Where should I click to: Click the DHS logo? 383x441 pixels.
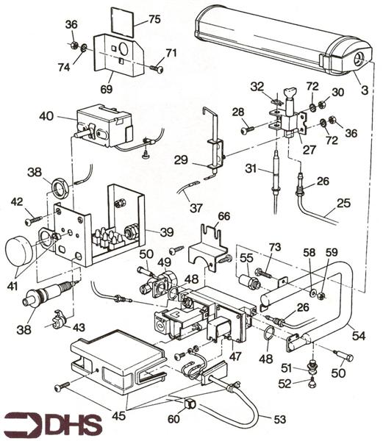point(53,424)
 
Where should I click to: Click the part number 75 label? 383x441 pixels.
point(154,19)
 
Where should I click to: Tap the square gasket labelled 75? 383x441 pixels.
point(122,21)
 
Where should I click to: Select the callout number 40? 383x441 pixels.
point(46,115)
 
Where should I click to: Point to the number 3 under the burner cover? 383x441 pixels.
point(365,90)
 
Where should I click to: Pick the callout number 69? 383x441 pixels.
point(107,89)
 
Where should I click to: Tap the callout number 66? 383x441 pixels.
point(224,216)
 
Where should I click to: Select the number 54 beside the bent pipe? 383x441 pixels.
point(358,336)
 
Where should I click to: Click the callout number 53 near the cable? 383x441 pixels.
point(280,419)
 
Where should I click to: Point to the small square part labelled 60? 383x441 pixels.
point(189,404)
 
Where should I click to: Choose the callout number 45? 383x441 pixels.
point(118,415)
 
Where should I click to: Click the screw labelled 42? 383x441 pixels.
point(33,220)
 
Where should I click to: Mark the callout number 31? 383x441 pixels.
point(251,169)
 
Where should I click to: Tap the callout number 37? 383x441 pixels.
point(196,208)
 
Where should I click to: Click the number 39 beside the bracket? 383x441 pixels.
point(167,232)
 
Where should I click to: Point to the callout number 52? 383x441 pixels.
point(284,384)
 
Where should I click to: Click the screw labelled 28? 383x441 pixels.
point(248,130)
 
